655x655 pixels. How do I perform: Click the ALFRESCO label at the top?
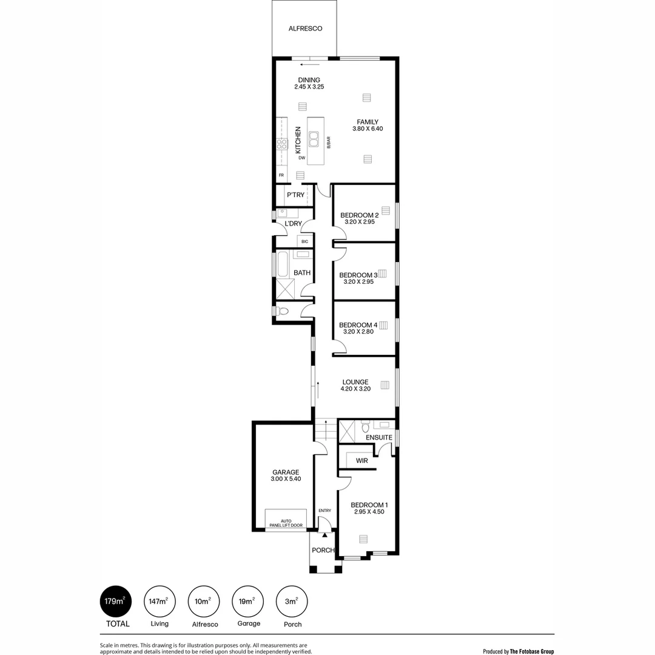pyautogui.click(x=305, y=29)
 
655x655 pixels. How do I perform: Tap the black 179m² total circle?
pyautogui.click(x=115, y=602)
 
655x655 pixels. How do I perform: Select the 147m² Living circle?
pyautogui.click(x=160, y=602)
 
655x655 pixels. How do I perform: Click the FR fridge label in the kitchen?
pyautogui.click(x=281, y=175)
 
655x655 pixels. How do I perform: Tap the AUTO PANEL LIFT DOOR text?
pyautogui.click(x=286, y=522)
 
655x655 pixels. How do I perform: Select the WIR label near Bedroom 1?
pyautogui.click(x=362, y=461)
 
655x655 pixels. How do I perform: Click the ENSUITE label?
pyautogui.click(x=379, y=437)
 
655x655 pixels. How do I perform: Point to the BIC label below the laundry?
pyautogui.click(x=304, y=242)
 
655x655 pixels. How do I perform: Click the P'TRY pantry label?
pyautogui.click(x=295, y=195)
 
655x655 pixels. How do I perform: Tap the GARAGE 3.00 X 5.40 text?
pyautogui.click(x=286, y=475)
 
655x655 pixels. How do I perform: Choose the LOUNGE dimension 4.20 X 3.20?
pyautogui.click(x=356, y=389)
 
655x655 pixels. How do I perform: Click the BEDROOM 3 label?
pyautogui.click(x=358, y=275)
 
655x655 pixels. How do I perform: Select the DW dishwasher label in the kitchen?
pyautogui.click(x=301, y=158)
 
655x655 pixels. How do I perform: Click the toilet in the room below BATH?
pyautogui.click(x=283, y=311)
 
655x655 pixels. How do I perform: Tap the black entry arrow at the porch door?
pyautogui.click(x=324, y=535)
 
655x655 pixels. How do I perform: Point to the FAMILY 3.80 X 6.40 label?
pyautogui.click(x=368, y=125)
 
